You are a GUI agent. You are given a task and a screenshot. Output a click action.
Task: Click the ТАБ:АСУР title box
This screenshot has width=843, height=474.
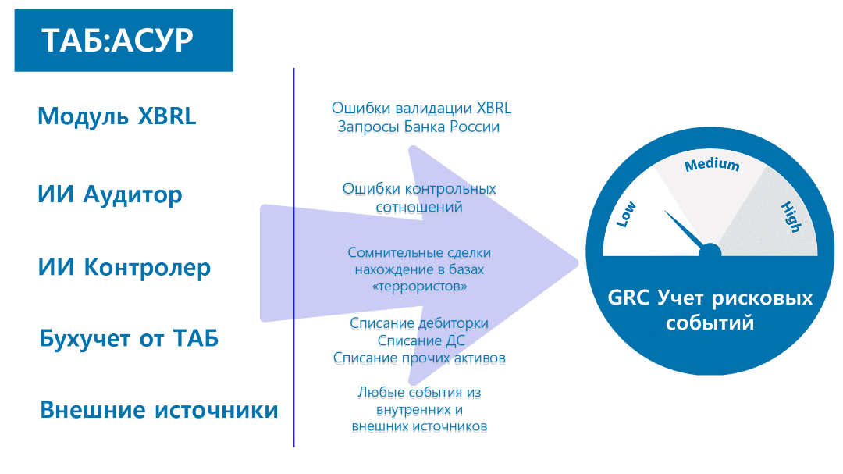click(x=123, y=41)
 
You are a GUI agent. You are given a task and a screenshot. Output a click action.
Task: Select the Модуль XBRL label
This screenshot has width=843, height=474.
click(x=116, y=116)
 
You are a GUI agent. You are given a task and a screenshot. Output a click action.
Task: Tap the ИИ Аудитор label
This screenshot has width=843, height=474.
click(x=109, y=194)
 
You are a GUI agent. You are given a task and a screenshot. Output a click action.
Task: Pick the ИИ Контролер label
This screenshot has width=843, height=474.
click(x=124, y=268)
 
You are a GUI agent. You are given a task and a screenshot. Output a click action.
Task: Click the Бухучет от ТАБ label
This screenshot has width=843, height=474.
click(x=129, y=339)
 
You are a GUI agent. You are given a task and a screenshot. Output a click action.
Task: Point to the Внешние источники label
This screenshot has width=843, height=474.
click(x=158, y=410)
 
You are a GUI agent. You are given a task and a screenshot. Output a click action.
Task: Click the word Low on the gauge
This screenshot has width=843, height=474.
click(x=626, y=214)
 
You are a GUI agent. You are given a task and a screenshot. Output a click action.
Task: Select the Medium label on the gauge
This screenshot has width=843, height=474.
click(x=711, y=165)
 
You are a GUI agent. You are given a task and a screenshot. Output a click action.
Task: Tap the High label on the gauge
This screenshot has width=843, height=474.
click(x=791, y=216)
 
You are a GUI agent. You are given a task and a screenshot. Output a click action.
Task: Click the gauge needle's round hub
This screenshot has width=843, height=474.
click(x=710, y=251)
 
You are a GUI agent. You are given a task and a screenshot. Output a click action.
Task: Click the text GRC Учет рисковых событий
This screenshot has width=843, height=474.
click(x=710, y=310)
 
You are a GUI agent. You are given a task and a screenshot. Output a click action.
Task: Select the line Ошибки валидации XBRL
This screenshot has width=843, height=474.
click(x=421, y=109)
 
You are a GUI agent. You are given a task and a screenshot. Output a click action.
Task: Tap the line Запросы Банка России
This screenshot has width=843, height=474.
click(x=418, y=127)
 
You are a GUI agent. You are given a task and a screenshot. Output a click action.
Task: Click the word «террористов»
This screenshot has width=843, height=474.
click(x=420, y=288)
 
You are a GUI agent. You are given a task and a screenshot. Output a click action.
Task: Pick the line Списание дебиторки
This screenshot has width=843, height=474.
click(x=418, y=324)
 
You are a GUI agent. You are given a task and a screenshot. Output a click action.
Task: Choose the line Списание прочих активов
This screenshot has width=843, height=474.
click(x=419, y=358)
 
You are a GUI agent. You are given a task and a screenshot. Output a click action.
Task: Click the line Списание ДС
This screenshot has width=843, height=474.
click(x=418, y=341)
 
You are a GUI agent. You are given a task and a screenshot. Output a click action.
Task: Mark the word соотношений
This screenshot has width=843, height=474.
click(x=418, y=208)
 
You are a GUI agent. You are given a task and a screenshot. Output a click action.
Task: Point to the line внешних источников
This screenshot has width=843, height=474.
click(x=419, y=427)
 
